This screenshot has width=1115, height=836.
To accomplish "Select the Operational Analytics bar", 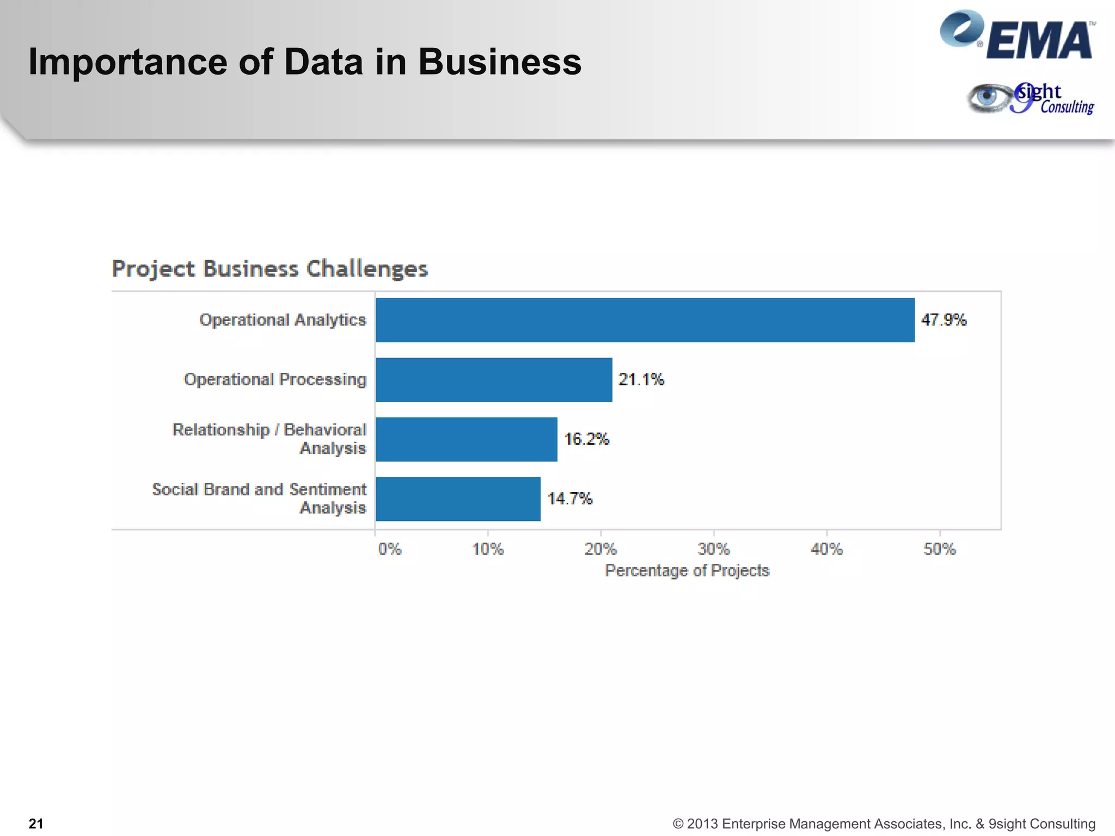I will [x=645, y=320].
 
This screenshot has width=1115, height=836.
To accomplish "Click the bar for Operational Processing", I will [x=494, y=380].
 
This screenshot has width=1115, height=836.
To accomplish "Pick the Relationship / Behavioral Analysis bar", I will [x=466, y=439].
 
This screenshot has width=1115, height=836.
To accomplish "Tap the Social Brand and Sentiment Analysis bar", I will [x=458, y=499].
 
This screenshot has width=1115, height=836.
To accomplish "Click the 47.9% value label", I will [x=944, y=320].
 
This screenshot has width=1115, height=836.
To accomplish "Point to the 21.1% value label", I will [x=641, y=379].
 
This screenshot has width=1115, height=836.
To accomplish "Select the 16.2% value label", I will [x=586, y=439].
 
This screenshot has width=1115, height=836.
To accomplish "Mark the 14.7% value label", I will [x=569, y=499].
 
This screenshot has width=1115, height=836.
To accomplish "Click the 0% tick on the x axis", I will [x=389, y=549].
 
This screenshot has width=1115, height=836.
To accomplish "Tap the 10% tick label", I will [x=488, y=549].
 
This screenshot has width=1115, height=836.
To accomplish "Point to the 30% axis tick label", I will [x=714, y=549].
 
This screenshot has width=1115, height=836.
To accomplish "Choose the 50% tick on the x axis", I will [x=940, y=549].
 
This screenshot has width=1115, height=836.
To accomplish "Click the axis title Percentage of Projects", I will [x=687, y=570].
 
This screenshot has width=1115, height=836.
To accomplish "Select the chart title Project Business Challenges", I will [x=270, y=269].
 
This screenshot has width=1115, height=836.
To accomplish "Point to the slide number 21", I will [x=36, y=823].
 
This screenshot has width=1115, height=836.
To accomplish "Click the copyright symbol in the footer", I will [x=678, y=824].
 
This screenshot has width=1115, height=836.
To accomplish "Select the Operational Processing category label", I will [x=275, y=379].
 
